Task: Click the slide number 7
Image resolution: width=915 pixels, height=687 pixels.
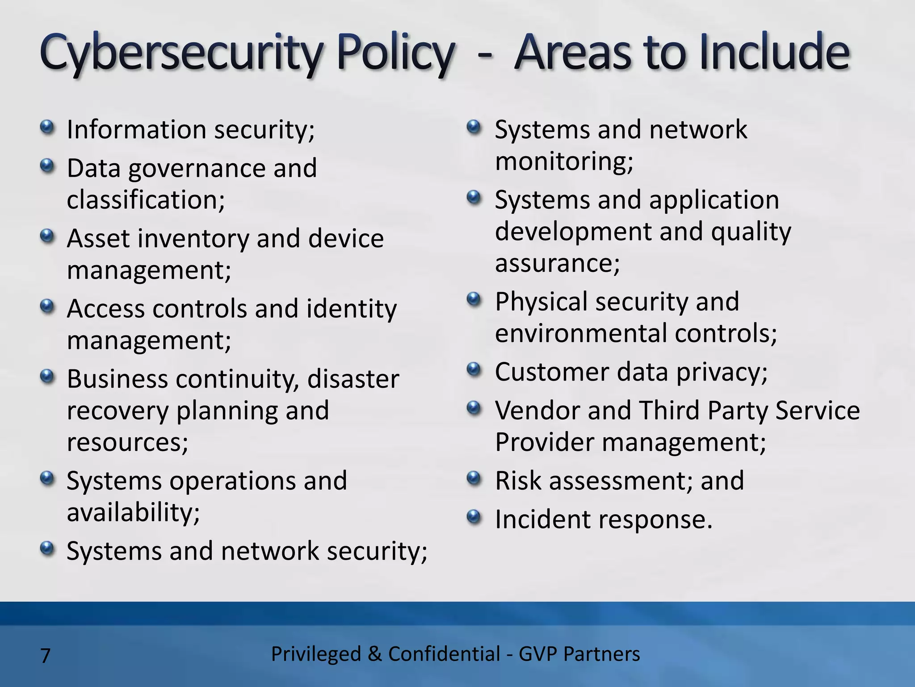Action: pos(45,656)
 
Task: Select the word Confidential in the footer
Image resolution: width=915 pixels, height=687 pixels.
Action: pos(444,654)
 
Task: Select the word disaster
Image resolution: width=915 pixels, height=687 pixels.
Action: pos(353,379)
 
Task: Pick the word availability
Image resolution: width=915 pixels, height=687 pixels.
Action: pos(133,513)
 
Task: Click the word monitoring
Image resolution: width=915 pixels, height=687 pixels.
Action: pos(564,161)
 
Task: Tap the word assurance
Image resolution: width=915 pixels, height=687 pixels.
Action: pos(557,263)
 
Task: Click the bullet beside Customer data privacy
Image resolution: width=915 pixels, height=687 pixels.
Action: pos(474,370)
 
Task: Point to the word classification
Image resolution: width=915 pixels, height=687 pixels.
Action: pos(145,200)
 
